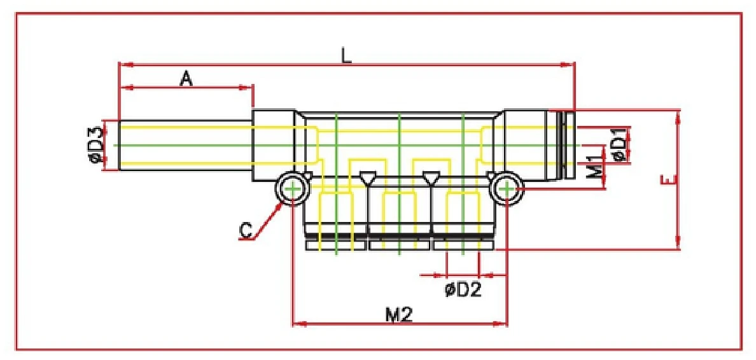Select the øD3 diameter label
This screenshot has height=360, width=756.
(x=96, y=145)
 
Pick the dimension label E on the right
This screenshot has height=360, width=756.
(x=668, y=181)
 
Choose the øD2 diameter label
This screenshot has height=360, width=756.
(x=463, y=289)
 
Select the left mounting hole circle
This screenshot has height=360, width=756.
(x=292, y=189)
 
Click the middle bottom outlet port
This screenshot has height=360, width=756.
(x=399, y=219)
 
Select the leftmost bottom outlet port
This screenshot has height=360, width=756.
(x=335, y=219)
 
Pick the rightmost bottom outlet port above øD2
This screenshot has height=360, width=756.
(x=463, y=219)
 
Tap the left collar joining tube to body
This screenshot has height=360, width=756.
(x=274, y=145)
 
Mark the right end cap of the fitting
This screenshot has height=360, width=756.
(x=566, y=145)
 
